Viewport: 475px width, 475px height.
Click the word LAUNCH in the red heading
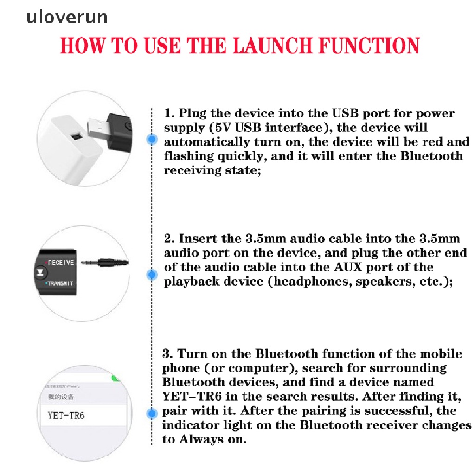(277, 46)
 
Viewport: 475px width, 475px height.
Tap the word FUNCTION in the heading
(370, 46)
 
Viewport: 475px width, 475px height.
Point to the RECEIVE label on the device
(60, 263)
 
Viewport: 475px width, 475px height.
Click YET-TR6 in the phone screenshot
(66, 415)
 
